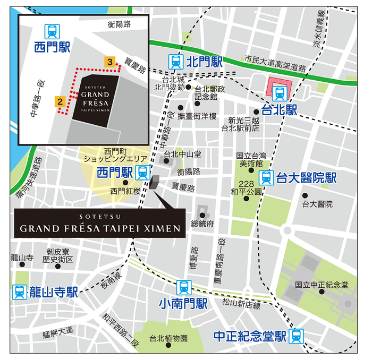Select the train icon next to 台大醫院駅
click(x=266, y=178)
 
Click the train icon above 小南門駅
click(x=183, y=287)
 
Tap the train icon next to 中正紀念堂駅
click(x=298, y=336)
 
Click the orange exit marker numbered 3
click(x=109, y=62)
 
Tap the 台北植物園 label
click(x=168, y=338)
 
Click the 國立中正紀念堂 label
click(x=322, y=285)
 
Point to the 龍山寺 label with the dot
click(x=22, y=258)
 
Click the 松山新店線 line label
click(x=241, y=305)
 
